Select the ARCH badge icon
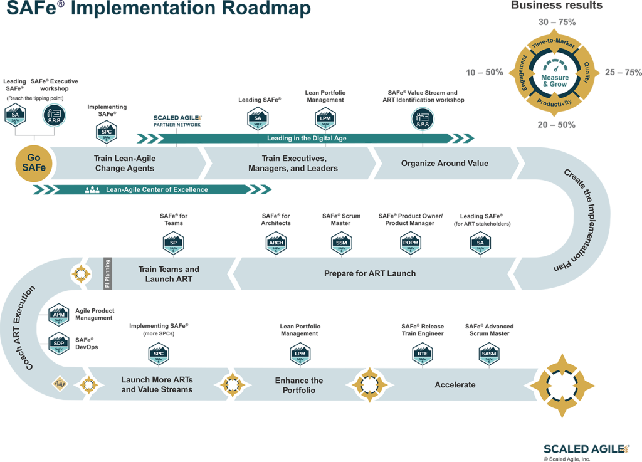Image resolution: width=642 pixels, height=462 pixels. tap(276, 244)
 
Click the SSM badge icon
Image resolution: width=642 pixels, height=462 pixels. tap(341, 244)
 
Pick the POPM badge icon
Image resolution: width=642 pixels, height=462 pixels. tap(411, 244)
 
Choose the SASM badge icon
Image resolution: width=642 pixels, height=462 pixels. tap(489, 355)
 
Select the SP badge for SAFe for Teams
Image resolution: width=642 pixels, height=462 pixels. tap(174, 244)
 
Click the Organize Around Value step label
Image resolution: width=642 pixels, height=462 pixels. tap(445, 164)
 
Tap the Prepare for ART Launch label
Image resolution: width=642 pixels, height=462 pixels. tap(369, 273)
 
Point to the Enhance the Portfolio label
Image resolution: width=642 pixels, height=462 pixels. tap(299, 385)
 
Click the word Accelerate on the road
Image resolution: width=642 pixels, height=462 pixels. tap(455, 385)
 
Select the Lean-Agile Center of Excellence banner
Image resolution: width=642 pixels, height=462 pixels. tap(157, 189)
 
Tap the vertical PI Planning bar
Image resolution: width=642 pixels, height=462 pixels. tap(107, 273)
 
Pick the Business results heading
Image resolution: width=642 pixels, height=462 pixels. tap(557, 5)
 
